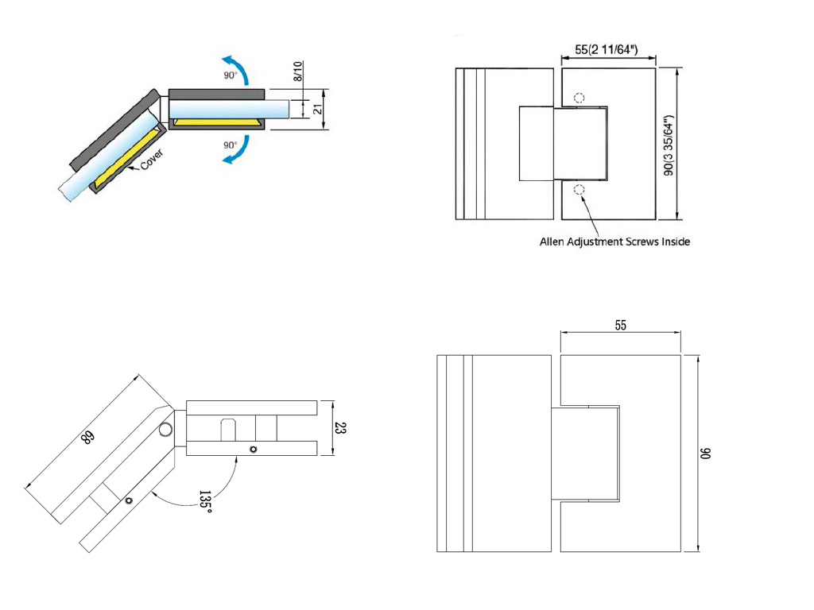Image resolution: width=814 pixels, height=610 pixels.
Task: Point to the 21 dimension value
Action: [318, 109]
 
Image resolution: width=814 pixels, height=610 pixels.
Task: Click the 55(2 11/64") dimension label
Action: [608, 48]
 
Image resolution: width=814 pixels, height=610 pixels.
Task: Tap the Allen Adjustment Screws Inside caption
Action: [614, 241]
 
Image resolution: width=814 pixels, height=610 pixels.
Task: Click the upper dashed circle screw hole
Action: [579, 98]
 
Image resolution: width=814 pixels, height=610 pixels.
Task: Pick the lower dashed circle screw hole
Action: [579, 189]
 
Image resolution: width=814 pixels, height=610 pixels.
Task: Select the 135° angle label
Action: [205, 502]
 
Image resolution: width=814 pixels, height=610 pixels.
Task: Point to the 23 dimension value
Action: [340, 429]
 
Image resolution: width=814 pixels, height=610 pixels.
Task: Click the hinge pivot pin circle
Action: [165, 430]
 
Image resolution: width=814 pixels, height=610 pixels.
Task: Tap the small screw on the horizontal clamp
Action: [253, 450]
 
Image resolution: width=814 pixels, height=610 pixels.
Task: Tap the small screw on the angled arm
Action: [128, 500]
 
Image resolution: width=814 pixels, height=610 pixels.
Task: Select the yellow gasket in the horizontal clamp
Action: [216, 123]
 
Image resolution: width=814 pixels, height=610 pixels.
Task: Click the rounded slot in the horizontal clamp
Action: [228, 430]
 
